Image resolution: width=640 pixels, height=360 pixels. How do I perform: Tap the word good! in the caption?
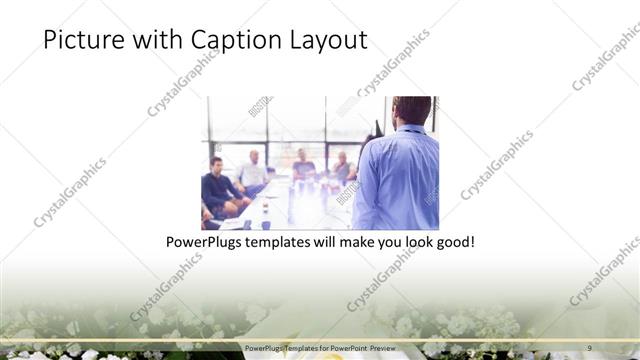click(453, 243)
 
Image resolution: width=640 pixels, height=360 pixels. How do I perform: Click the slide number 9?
click(589, 348)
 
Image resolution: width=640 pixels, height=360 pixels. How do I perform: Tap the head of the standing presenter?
click(410, 111)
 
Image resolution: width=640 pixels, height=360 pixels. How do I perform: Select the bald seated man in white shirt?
click(254, 171)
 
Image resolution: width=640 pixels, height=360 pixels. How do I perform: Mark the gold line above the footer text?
click(320, 340)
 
